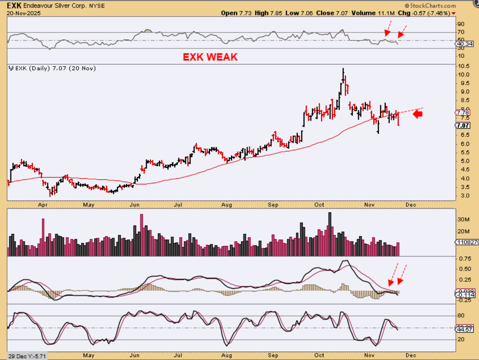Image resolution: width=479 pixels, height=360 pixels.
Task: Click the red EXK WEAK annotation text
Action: pos(210,57)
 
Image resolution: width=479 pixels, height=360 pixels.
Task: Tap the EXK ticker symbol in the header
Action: pos(13,6)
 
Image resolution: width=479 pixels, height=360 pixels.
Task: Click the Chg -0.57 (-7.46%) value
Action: pos(425,13)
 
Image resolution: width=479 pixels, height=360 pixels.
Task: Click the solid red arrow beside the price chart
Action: pos(417,114)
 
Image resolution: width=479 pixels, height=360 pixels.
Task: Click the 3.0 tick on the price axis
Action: pos(462,196)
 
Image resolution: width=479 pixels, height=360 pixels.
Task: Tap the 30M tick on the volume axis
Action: pos(464,220)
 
